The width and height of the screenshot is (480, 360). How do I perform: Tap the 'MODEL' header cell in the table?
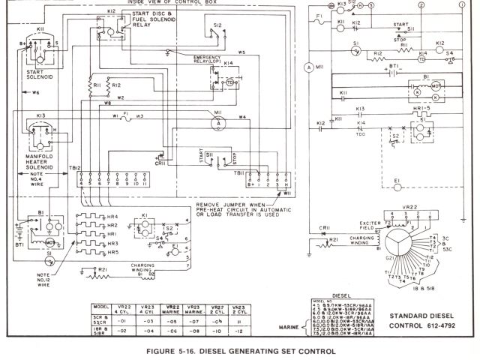[x=100, y=307]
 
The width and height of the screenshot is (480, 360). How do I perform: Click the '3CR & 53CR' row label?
[x=100, y=319]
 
